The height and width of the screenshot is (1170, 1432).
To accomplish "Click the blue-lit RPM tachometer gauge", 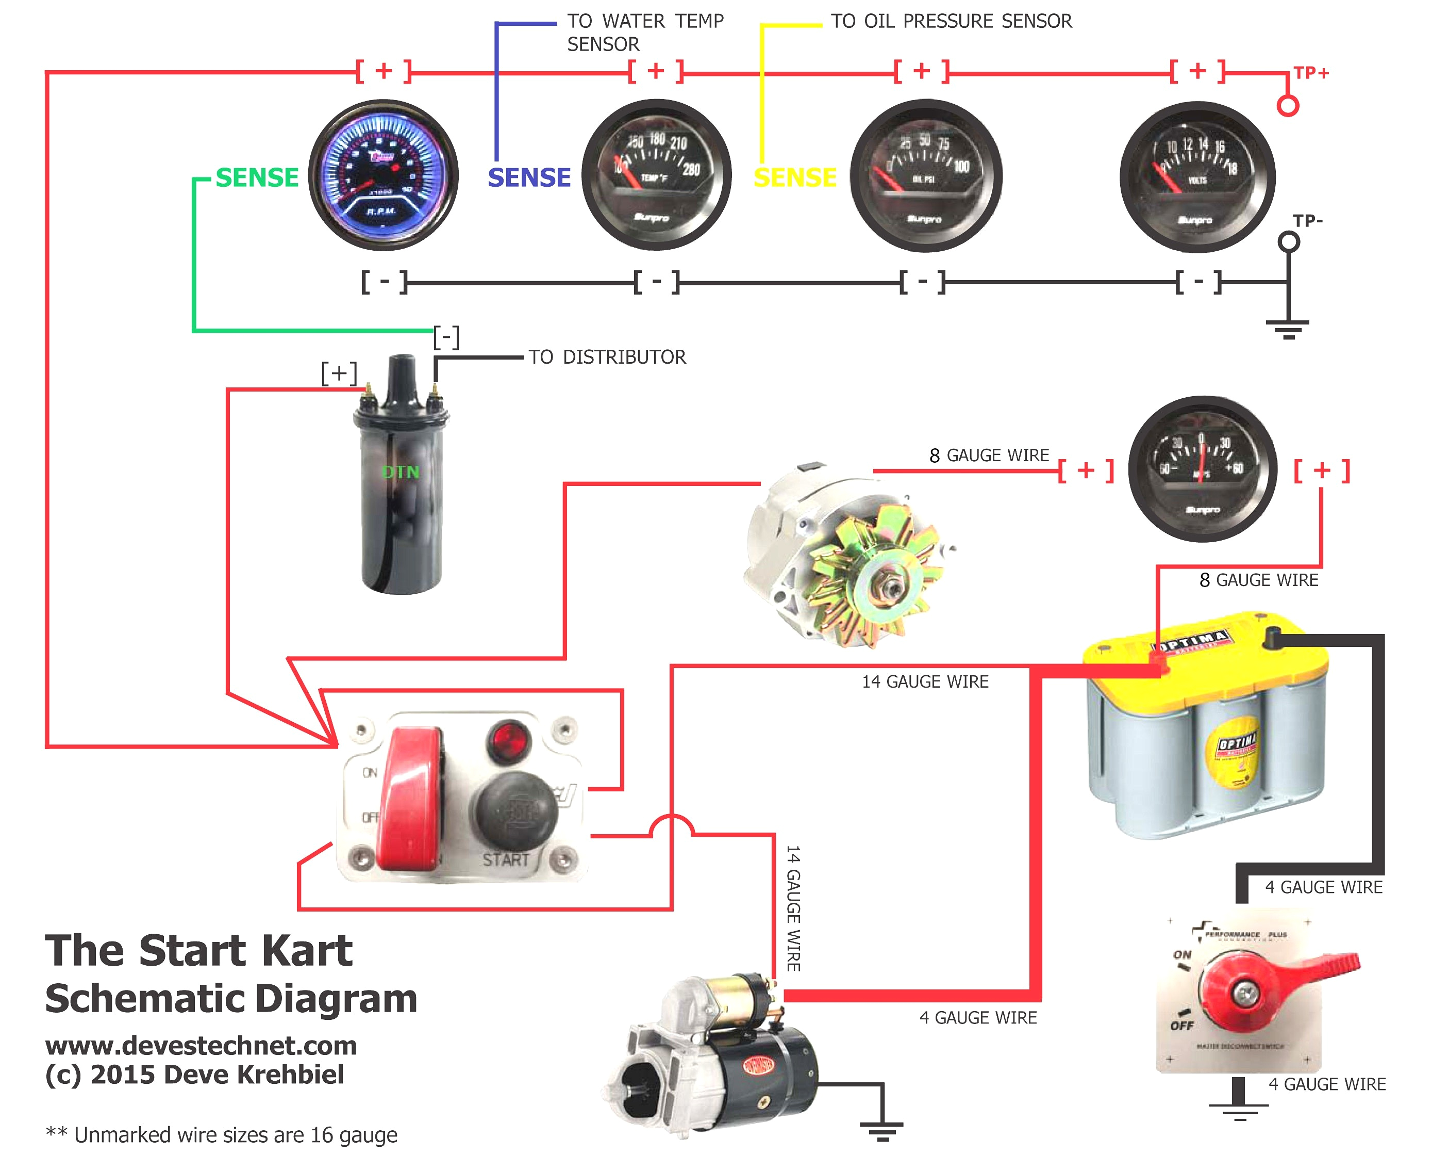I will coord(384,175).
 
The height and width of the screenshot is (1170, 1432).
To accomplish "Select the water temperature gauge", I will coord(656,175).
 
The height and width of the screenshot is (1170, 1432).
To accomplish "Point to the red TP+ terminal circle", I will coord(1287,106).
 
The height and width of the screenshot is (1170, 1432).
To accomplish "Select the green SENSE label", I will coord(257,178).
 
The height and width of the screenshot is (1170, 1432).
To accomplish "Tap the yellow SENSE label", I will coord(795,178).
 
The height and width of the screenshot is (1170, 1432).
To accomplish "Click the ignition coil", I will coord(402,485).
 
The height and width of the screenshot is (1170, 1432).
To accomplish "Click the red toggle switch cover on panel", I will coord(411,799).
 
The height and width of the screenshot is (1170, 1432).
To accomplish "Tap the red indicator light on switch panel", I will coord(509,741).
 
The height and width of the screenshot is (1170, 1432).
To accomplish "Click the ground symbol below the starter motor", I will coord(881,1129).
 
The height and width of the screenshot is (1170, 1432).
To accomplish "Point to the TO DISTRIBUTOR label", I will coord(607,357).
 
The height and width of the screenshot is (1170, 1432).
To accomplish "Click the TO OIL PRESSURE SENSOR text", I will coord(951,22).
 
